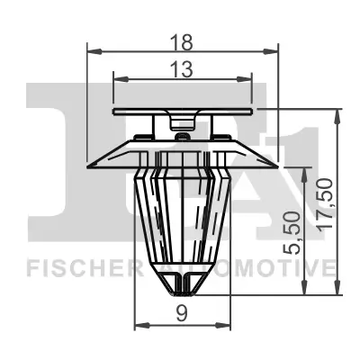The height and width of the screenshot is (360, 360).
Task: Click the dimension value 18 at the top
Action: coord(184,39)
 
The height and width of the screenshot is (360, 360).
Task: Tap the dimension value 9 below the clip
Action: coord(183,315)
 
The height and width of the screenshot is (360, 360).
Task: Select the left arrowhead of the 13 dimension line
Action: coord(117,77)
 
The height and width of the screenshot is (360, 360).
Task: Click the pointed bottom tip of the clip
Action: coord(183,294)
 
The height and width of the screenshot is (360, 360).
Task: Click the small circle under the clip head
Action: coord(183,137)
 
